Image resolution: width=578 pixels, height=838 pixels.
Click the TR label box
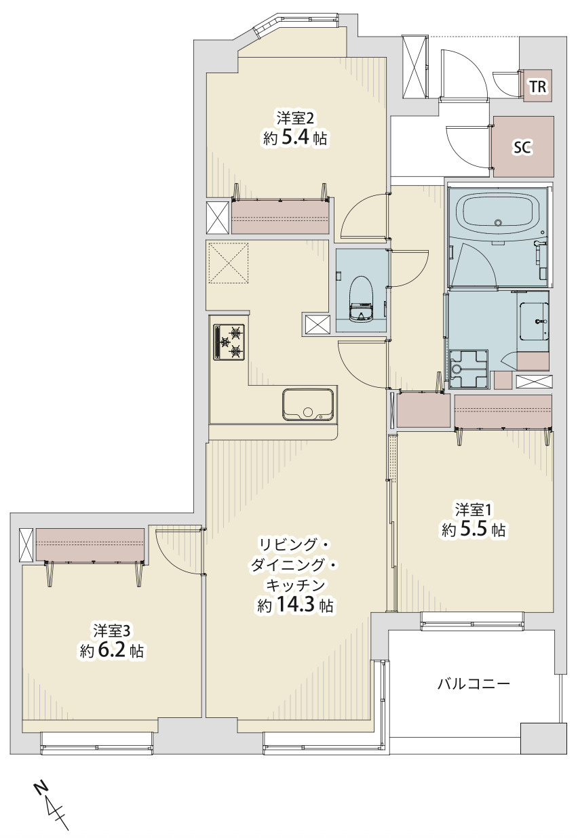(537, 85)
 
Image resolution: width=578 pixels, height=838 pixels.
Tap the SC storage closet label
(523, 146)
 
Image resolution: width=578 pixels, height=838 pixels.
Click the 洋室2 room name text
(294, 119)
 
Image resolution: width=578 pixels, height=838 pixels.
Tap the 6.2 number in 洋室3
(111, 651)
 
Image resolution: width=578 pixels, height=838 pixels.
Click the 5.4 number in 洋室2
(295, 138)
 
